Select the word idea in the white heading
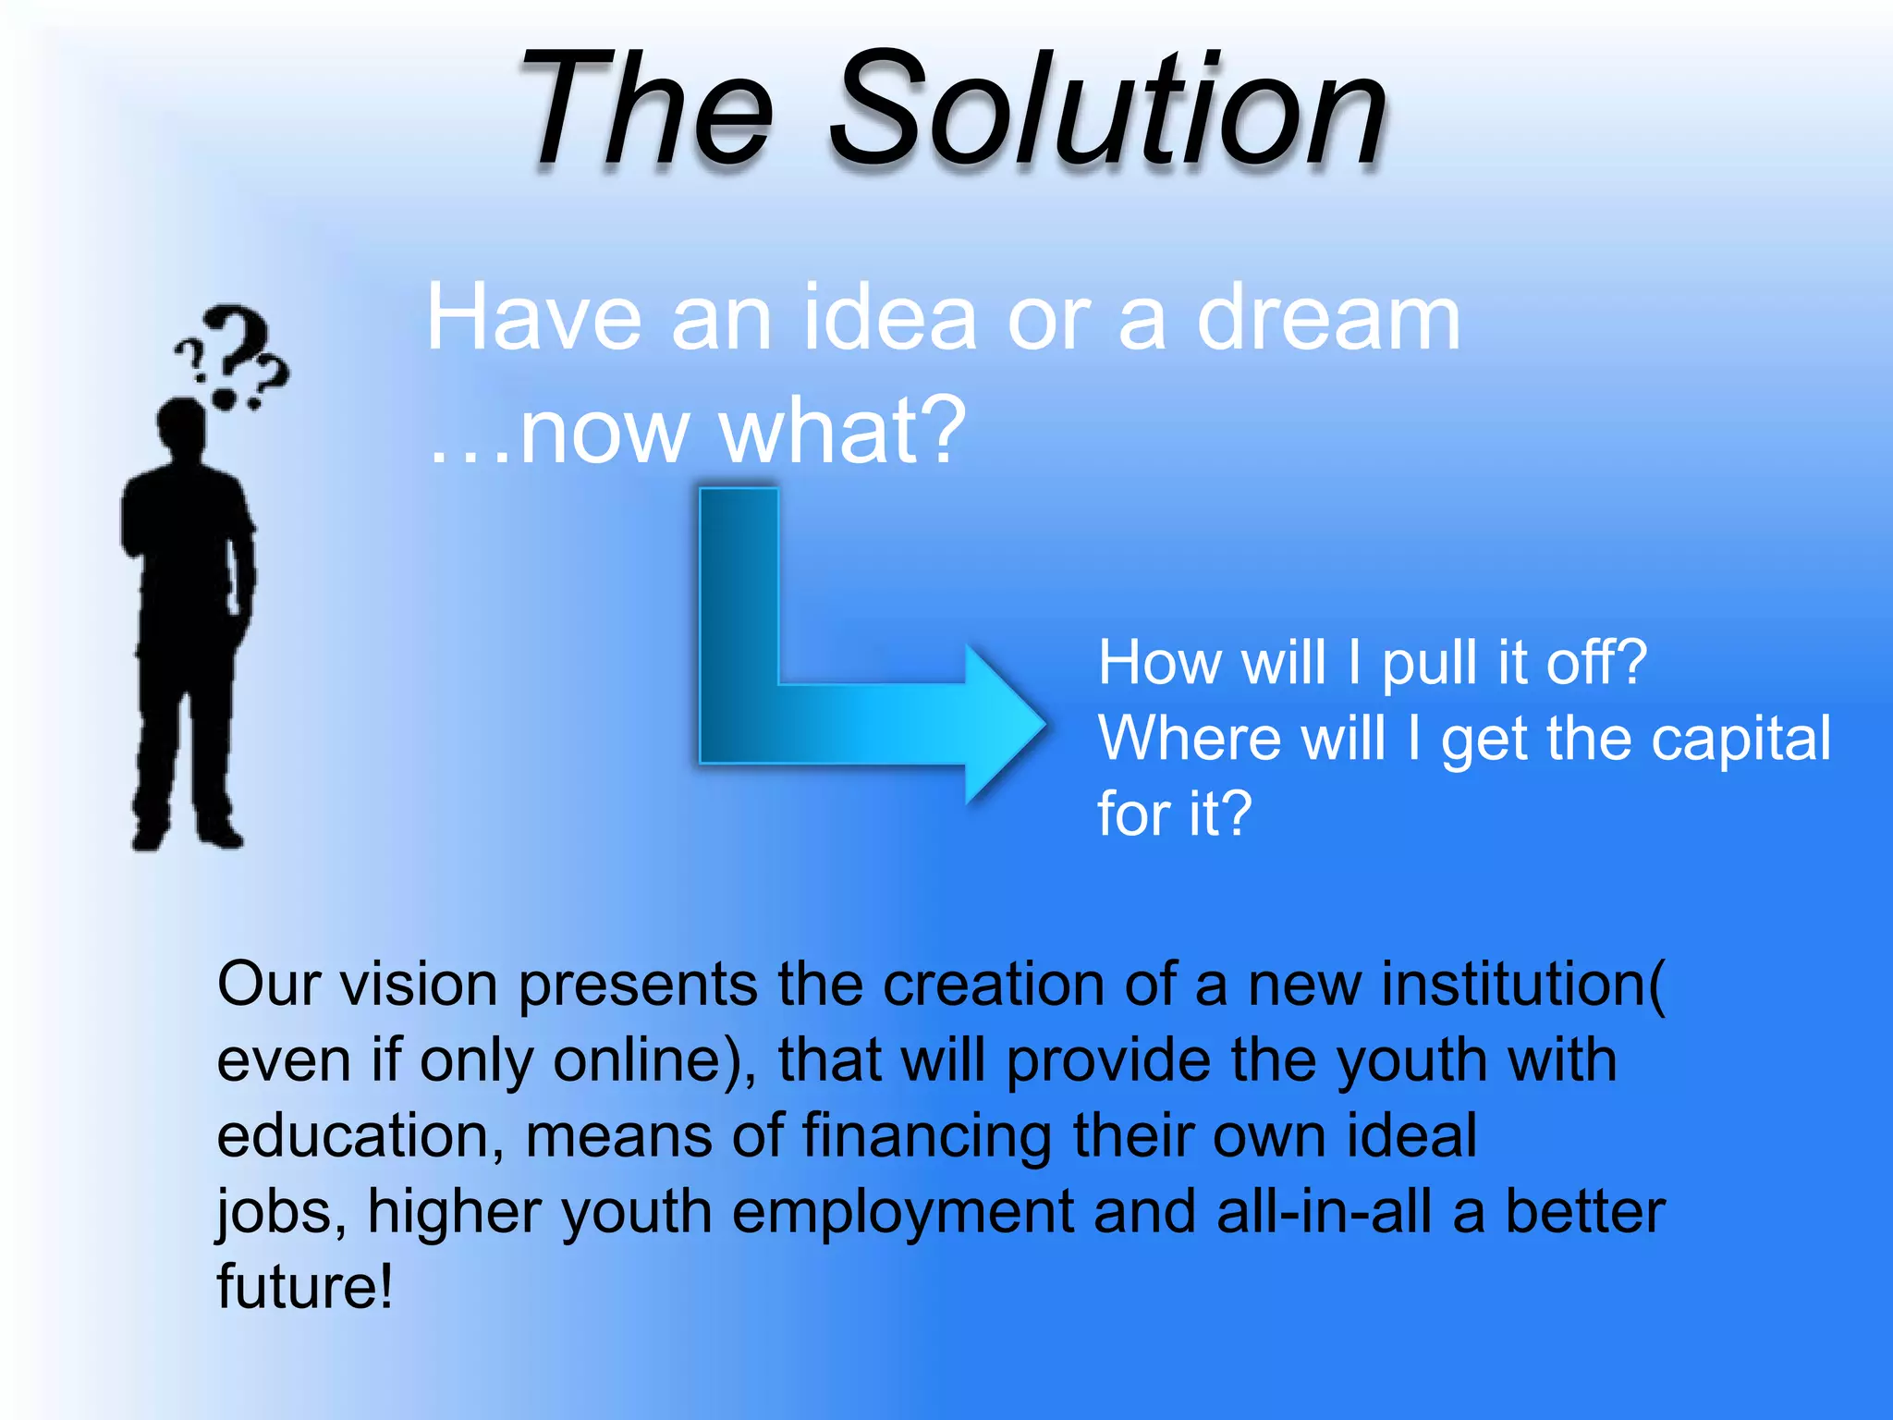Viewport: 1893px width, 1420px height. (x=888, y=319)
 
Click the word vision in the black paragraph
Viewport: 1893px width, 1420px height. (x=420, y=985)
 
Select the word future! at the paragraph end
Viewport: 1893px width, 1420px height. (x=305, y=1287)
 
